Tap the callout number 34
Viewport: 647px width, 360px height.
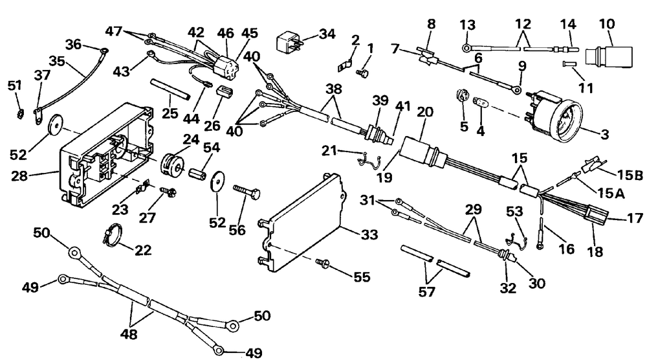[327, 34]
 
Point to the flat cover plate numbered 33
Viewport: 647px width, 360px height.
[302, 223]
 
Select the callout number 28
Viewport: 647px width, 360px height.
[20, 176]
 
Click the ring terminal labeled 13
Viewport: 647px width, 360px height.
[466, 49]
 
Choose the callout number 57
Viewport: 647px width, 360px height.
[426, 292]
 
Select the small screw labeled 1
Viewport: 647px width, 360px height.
[361, 73]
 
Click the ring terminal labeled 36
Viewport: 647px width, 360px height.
[104, 51]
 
